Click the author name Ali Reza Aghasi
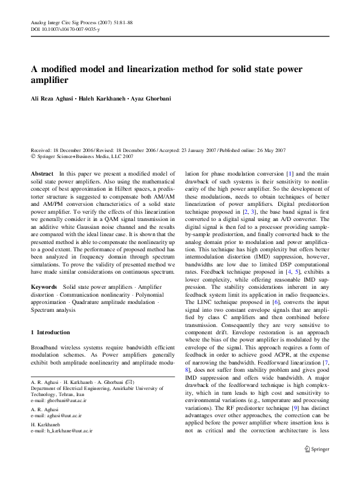(x=52, y=99)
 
